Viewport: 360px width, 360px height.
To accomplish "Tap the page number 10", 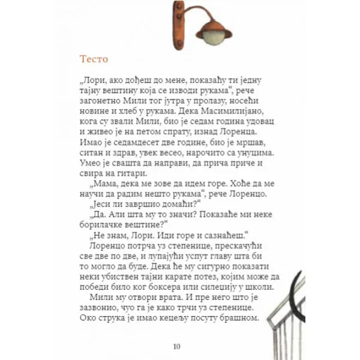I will pyautogui.click(x=176, y=346).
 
